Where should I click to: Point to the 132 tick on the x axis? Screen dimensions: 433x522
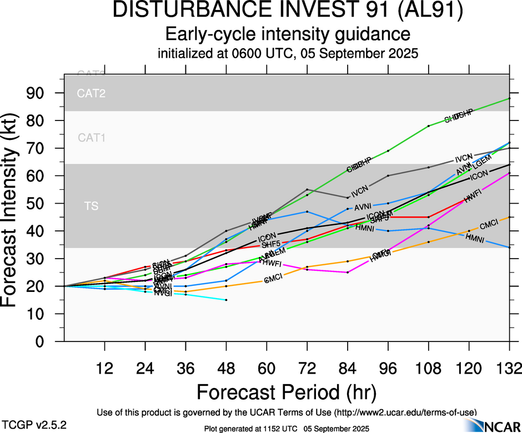(509, 367)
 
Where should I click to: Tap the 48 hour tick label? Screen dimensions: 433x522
(226, 367)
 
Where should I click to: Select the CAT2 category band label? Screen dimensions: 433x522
(91, 94)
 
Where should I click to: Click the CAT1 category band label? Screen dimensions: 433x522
(91, 138)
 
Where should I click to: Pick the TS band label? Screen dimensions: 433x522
(91, 207)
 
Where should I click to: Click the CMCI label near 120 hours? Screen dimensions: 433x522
(488, 225)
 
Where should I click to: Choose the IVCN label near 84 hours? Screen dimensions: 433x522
(360, 191)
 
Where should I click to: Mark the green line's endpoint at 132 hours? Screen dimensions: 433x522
(509, 98)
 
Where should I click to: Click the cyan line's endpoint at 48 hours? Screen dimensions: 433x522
(226, 300)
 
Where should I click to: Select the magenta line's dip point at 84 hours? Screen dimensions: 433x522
(348, 272)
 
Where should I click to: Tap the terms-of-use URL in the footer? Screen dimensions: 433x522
(405, 412)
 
